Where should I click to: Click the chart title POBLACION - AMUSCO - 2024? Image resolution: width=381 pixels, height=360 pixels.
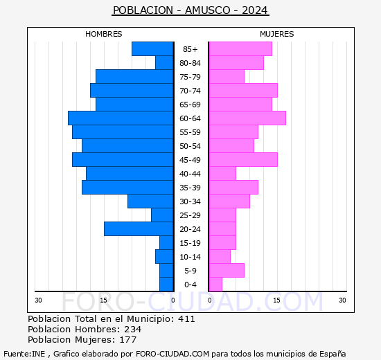[190, 10]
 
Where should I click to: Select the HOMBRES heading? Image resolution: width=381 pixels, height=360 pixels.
[103, 34]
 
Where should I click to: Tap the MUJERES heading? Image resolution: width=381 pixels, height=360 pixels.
[277, 34]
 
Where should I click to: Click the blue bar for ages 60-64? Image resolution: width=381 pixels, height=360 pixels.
[121, 118]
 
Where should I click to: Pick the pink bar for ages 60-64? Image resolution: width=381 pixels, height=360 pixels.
[247, 118]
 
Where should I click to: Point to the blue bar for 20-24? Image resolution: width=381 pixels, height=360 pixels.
[139, 229]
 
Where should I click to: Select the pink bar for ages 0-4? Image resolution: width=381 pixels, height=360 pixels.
[215, 285]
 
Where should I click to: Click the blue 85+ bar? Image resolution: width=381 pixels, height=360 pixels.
[152, 49]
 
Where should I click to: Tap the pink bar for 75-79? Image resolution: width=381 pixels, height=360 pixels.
[227, 77]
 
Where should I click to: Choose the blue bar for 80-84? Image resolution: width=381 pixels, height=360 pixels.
[164, 63]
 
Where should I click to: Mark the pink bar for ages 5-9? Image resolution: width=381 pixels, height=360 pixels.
[227, 271]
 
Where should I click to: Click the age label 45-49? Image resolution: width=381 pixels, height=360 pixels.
[190, 160]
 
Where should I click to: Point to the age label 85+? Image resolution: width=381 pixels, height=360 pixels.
[190, 49]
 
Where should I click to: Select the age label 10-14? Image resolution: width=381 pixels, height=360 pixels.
[190, 257]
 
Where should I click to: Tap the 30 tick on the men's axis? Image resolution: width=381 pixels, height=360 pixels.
[38, 300]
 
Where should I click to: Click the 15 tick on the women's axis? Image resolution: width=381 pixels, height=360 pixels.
[276, 300]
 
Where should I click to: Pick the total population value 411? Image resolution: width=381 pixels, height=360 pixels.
[186, 319]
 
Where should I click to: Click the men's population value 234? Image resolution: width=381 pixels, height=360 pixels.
[133, 330]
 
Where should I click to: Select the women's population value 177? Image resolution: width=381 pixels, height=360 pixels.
[128, 340]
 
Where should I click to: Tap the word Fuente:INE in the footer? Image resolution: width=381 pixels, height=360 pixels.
[24, 354]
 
